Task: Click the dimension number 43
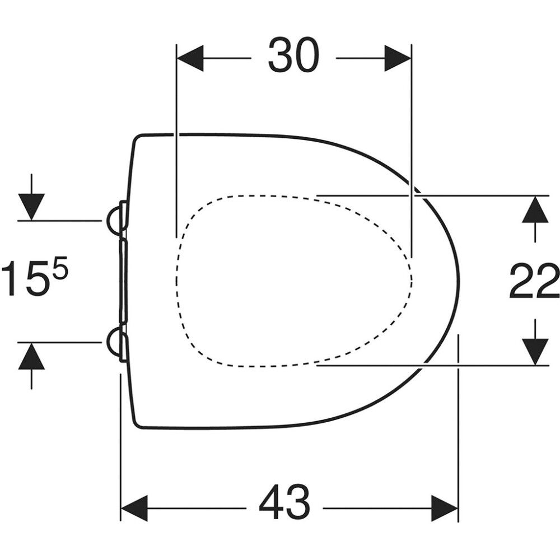tap(284, 507)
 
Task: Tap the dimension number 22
tap(534, 281)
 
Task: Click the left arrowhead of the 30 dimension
tap(190, 58)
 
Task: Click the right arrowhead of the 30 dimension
tap(398, 58)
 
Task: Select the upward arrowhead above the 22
tap(535, 209)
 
